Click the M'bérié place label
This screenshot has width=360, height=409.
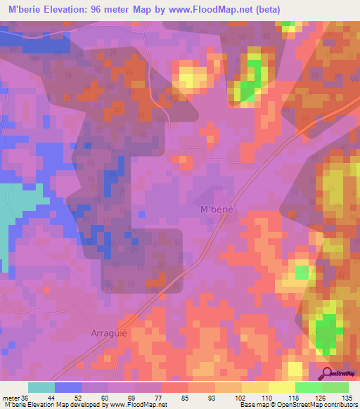point(216,209)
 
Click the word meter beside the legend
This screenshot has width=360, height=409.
point(11,397)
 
